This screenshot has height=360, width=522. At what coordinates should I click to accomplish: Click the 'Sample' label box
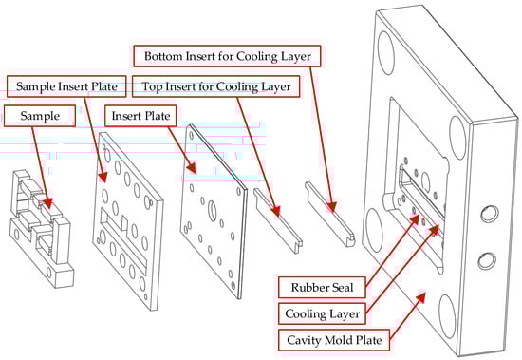(40, 116)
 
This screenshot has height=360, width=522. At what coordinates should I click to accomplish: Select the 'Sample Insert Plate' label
(66, 86)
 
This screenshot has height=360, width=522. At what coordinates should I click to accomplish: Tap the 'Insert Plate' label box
(140, 116)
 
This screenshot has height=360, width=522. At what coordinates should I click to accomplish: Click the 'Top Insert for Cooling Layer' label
(216, 86)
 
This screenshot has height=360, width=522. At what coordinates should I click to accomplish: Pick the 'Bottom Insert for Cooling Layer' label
(228, 56)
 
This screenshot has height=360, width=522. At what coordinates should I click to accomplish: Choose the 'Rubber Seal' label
(322, 287)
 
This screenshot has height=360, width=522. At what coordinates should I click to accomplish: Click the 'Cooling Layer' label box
(322, 313)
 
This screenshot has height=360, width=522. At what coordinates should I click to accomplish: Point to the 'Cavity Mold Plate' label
(334, 340)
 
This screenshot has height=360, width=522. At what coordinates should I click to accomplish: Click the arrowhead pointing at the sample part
(47, 202)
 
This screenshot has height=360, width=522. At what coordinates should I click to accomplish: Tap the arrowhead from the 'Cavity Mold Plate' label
(420, 297)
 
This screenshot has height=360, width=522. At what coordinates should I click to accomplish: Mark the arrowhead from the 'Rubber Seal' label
(414, 219)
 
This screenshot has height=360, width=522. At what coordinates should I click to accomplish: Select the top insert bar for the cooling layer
(278, 220)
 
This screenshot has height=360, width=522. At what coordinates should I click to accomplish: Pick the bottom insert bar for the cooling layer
(330, 214)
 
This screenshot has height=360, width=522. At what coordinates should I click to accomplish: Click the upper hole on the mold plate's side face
(490, 214)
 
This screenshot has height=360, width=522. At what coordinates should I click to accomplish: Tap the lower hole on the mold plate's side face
(487, 260)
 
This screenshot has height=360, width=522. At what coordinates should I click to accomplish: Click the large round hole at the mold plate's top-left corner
(386, 52)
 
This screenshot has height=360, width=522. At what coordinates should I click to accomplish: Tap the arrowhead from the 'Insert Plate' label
(192, 167)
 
